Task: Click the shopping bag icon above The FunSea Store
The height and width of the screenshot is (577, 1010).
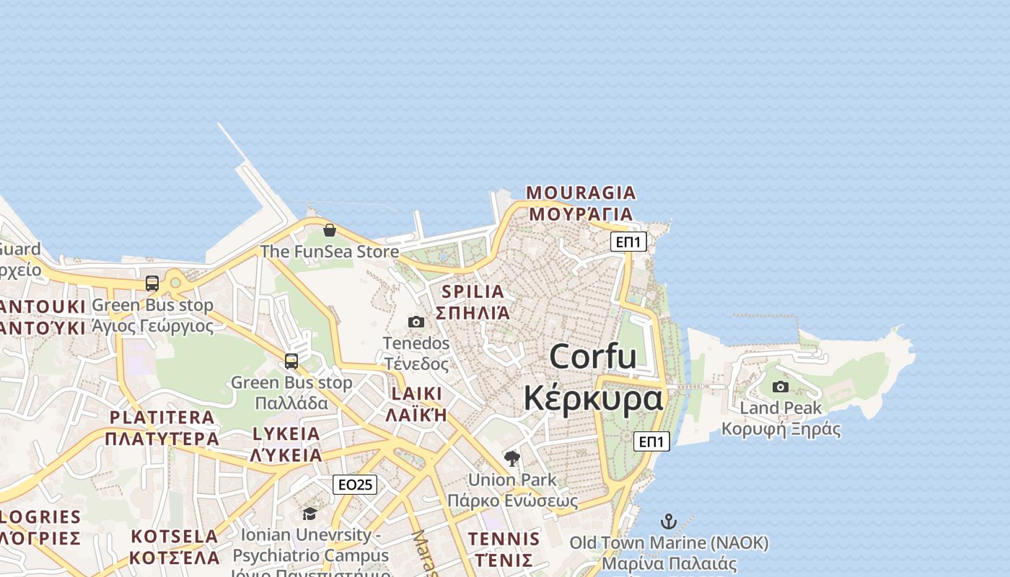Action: pyautogui.click(x=330, y=230)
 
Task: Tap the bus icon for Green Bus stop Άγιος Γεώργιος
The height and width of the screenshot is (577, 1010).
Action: pyautogui.click(x=152, y=283)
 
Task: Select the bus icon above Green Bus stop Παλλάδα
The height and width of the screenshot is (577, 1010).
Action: pyautogui.click(x=291, y=361)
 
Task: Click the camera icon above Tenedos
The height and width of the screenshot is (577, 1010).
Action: pyautogui.click(x=416, y=322)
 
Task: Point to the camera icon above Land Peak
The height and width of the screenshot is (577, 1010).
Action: pyautogui.click(x=781, y=387)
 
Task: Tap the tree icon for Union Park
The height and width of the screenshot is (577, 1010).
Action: pyautogui.click(x=512, y=458)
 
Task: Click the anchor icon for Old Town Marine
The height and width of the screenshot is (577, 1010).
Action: pyautogui.click(x=669, y=521)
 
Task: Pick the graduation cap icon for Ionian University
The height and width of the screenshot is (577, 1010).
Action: pyautogui.click(x=310, y=514)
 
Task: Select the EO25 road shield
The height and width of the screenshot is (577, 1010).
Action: pyautogui.click(x=355, y=485)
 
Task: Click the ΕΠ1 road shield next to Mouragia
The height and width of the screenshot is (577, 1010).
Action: pyautogui.click(x=628, y=242)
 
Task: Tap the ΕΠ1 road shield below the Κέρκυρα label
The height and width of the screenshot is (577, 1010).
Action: pyautogui.click(x=651, y=441)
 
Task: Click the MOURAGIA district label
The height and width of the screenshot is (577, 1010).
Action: pyautogui.click(x=581, y=193)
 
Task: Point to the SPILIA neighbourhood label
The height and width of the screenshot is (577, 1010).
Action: pyautogui.click(x=473, y=292)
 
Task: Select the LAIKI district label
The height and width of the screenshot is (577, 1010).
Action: pyautogui.click(x=416, y=394)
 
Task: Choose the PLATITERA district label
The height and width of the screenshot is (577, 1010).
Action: pyautogui.click(x=162, y=417)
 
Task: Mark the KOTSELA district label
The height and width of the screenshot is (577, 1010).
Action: pyautogui.click(x=175, y=537)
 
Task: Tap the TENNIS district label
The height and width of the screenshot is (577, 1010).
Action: pyautogui.click(x=504, y=539)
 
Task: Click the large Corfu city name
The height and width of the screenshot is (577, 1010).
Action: pyautogui.click(x=593, y=356)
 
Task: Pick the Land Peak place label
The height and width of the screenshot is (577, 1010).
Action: pyautogui.click(x=781, y=408)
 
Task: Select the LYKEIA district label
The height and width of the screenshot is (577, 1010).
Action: pyautogui.click(x=286, y=433)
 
